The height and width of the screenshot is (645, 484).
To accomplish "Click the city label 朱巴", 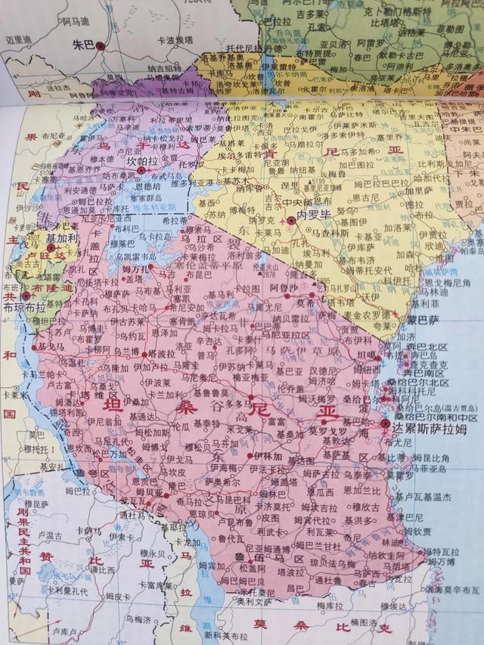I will tap(82, 45).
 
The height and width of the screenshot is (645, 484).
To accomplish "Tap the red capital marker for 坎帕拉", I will tap(141, 171).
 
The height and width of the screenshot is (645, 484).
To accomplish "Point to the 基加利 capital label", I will tap(61, 237).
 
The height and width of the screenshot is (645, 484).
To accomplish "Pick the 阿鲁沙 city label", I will tap(281, 287).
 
